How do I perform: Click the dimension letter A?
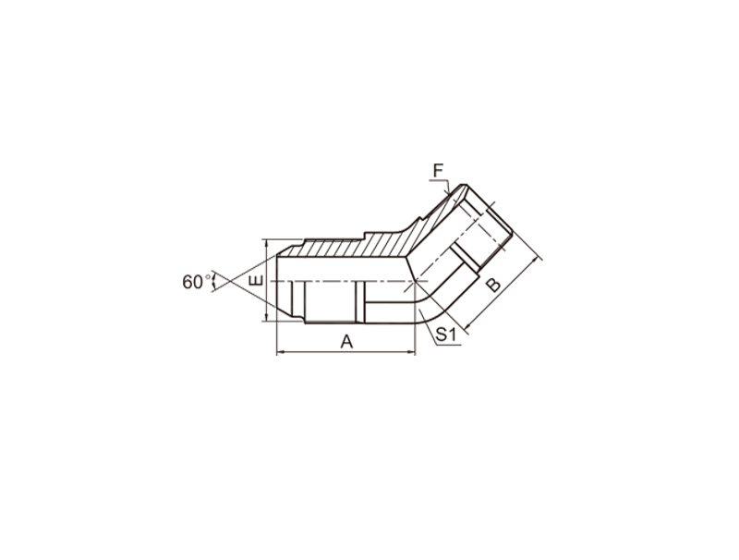coord(346,341)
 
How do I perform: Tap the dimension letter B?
coord(493,285)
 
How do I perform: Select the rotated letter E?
coord(256,281)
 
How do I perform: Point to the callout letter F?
coord(438,170)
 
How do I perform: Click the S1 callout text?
coord(446,335)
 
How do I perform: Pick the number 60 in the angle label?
coord(193,282)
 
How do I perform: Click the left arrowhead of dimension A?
coord(280,352)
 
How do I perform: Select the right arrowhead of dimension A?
coord(412,352)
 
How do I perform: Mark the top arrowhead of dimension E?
coord(267,243)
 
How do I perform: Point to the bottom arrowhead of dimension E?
coord(267,318)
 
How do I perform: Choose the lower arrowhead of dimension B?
coord(468,324)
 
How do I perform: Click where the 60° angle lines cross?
coord(229,282)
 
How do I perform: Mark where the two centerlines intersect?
coord(415,282)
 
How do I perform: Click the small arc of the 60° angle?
coord(214,282)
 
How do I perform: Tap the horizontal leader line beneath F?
coord(438,180)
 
